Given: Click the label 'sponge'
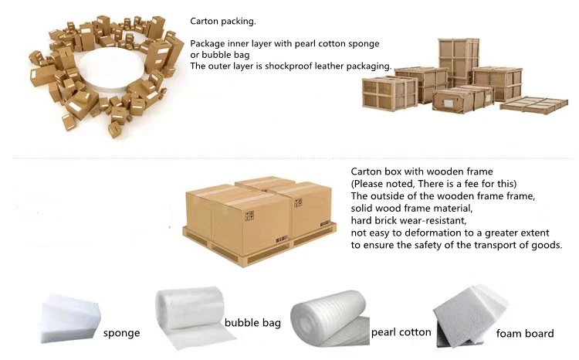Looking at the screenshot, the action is click(x=122, y=334).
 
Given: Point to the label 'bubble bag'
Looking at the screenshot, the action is click(x=252, y=322).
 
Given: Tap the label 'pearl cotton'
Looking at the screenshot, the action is click(x=401, y=332).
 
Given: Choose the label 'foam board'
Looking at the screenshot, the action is click(x=525, y=334).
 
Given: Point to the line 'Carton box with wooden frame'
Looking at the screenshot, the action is click(x=422, y=172).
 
